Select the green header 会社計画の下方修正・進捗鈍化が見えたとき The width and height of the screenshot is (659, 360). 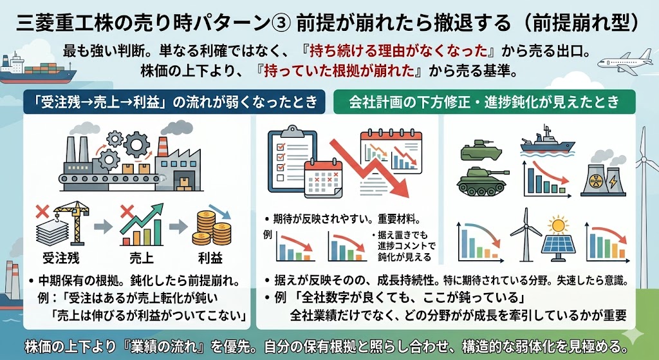484,102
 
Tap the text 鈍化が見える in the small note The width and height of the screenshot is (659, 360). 400,257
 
